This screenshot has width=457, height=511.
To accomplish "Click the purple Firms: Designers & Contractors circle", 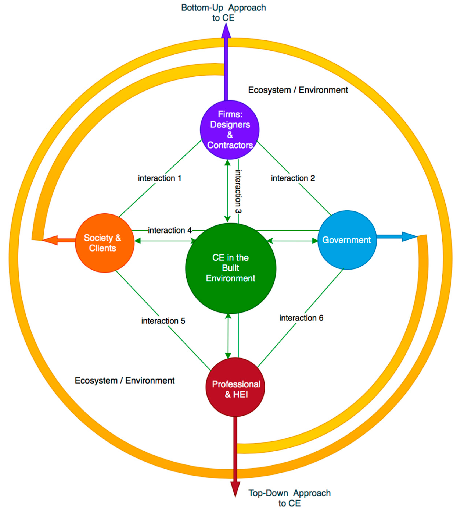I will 229,130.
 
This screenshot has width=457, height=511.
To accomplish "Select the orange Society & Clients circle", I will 105,243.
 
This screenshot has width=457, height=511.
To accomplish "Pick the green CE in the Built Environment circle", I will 231,268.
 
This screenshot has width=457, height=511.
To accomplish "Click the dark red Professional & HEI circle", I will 235,387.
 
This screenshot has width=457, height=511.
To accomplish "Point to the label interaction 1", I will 159,178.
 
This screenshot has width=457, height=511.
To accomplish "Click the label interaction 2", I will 293,178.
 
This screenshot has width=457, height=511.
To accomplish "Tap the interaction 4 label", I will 170,230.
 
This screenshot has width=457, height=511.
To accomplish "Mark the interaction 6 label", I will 301,318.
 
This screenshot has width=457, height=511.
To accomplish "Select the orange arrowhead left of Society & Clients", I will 50,240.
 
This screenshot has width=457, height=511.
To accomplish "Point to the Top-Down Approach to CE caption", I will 289,498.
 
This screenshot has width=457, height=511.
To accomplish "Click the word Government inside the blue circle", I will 347,240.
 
